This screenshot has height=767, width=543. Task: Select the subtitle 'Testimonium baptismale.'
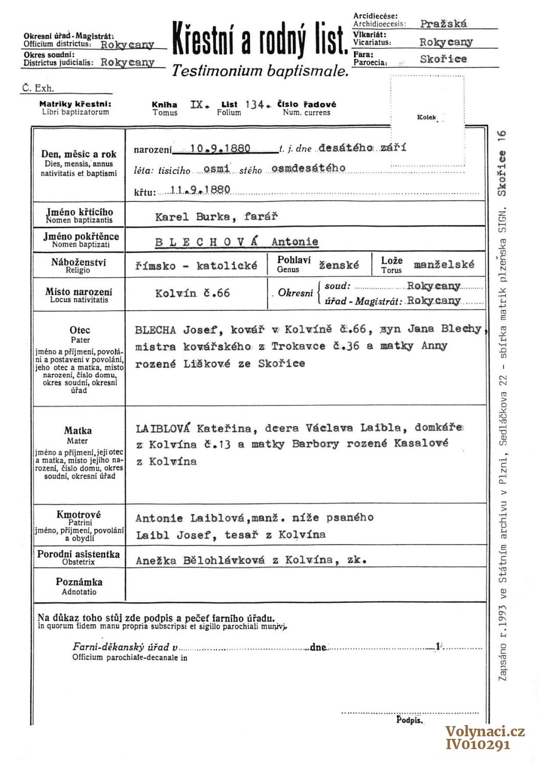point(260,71)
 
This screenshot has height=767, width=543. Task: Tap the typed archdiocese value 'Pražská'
point(443,24)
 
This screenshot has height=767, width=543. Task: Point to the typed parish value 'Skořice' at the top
point(443,59)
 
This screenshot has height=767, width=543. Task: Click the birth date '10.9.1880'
point(220,149)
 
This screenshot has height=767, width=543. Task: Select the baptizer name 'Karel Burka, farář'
point(216,216)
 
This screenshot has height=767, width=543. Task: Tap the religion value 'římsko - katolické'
point(196,266)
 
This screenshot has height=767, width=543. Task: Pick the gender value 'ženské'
point(339,265)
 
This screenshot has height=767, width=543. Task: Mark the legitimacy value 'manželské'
point(444,264)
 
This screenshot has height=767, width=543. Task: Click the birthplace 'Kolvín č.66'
point(193,294)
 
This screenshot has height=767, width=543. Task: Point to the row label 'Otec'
point(80,330)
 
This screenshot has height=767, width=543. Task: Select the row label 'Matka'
point(78,431)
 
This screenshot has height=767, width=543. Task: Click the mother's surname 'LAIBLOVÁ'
point(163,428)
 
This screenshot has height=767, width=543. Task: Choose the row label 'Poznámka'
point(79,582)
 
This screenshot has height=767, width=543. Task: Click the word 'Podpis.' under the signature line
point(410,720)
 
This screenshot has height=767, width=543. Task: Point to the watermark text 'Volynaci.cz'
point(485,732)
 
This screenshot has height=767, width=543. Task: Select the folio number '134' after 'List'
point(254,105)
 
